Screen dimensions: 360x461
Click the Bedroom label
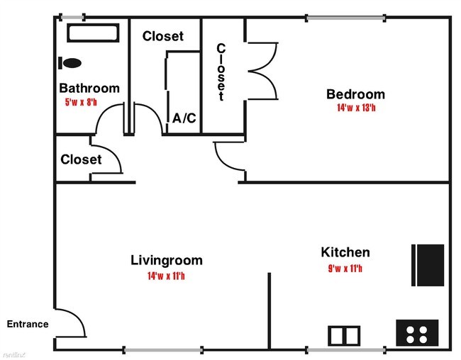tap(355, 94)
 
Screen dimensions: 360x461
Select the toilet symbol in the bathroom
tap(71, 62)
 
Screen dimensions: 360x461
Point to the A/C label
tap(184, 118)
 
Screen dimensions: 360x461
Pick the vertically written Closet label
tap(221, 72)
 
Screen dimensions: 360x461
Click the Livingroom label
tap(167, 260)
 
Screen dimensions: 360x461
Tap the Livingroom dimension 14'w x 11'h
tap(167, 276)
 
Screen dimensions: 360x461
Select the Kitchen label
tap(345, 252)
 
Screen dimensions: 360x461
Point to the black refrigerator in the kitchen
tap(428, 265)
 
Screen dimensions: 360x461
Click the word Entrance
tap(28, 325)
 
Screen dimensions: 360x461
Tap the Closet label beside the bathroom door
tap(81, 159)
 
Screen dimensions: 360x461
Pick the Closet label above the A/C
tap(162, 36)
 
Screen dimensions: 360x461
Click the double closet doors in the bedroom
tap(262, 70)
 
